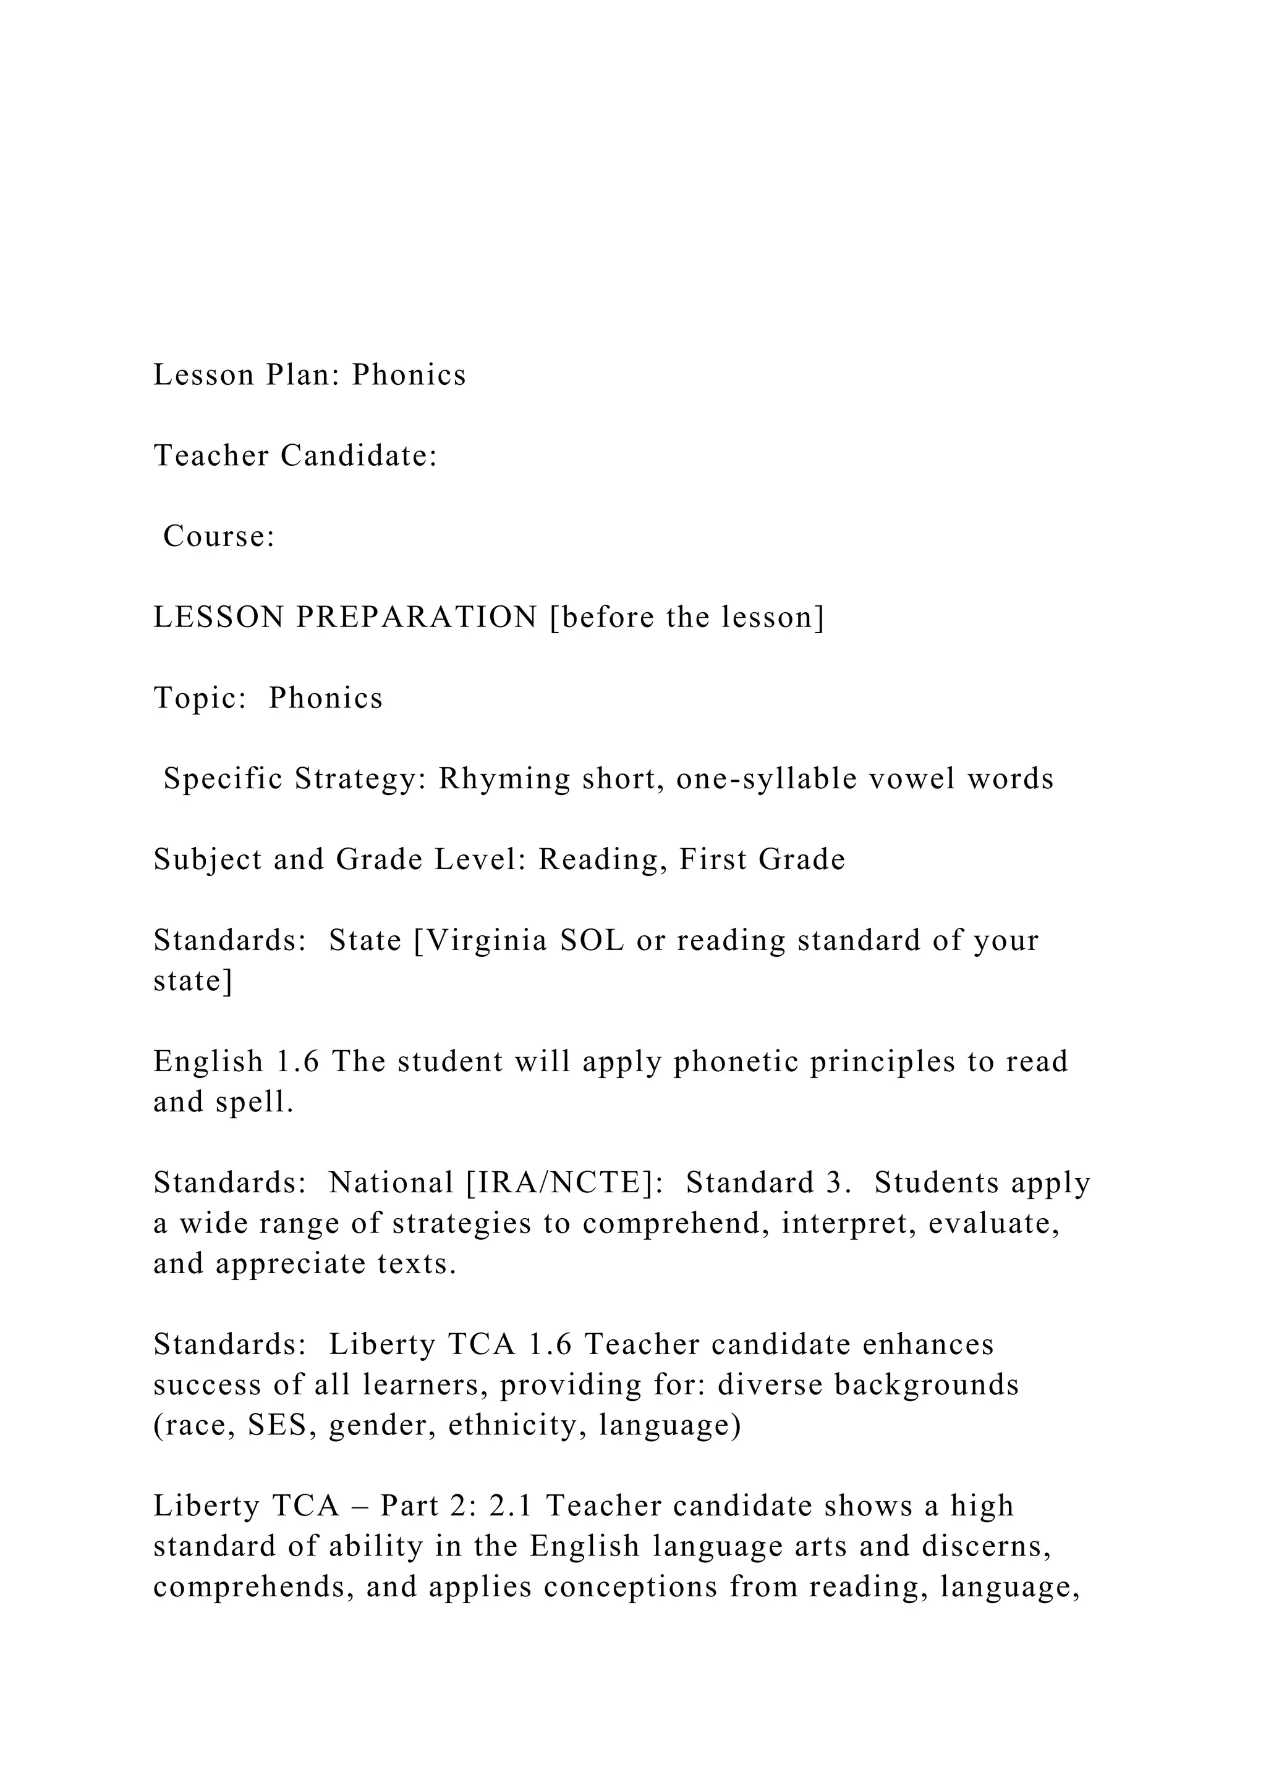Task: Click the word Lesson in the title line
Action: click(203, 375)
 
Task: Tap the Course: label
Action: click(219, 537)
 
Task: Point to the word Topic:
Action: click(200, 698)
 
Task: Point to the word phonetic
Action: click(736, 1062)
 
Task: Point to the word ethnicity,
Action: click(517, 1426)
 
